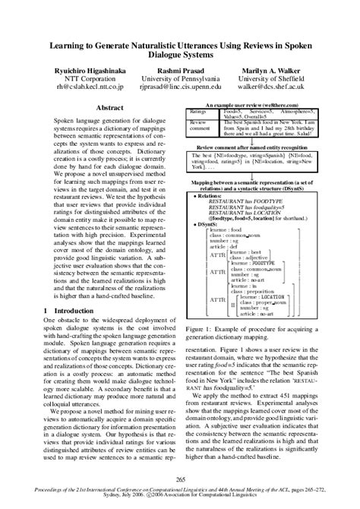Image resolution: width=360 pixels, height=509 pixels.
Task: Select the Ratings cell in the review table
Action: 198,111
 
